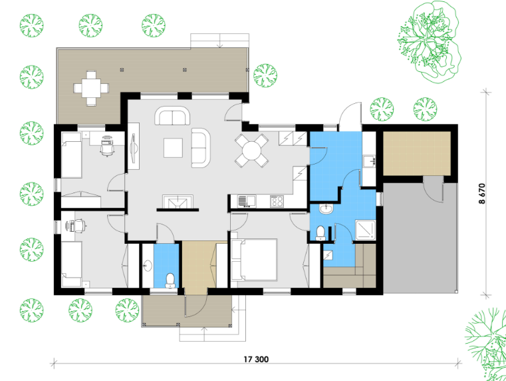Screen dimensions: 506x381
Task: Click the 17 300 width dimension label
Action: pos(256,359)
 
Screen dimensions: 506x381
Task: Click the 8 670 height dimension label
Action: pos(482,194)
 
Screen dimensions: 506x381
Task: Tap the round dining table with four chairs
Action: pos(252,151)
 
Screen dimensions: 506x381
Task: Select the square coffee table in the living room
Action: pos(173,148)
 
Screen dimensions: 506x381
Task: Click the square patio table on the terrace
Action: pos(91,88)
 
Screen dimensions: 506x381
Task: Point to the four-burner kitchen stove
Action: pos(277,201)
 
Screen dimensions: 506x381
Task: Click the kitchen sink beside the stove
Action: pos(247,201)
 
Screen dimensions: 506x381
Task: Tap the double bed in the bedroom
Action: pos(254,260)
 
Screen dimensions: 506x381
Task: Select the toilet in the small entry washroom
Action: pos(170,280)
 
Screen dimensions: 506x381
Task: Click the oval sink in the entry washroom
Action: pos(148,266)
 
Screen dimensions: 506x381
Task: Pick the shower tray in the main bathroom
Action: pos(365,230)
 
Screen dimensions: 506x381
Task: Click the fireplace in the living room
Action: pos(178,202)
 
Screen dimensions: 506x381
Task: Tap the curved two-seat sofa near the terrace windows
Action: pos(172,116)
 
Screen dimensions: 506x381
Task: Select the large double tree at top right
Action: pos(429,41)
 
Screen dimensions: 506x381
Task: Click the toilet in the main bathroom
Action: pos(320,232)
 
